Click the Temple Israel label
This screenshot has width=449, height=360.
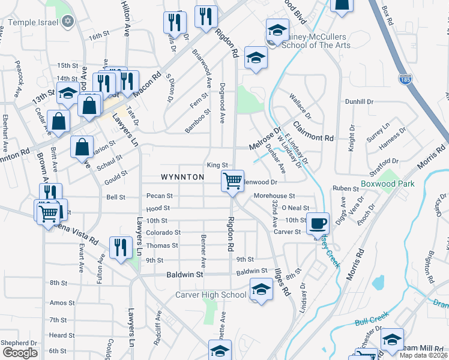[x=35, y=22]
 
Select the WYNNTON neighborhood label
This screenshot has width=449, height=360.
[x=182, y=177]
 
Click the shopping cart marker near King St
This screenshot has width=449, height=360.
[x=232, y=180]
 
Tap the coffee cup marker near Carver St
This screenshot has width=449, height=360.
[x=318, y=223]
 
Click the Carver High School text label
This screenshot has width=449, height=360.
[x=211, y=295]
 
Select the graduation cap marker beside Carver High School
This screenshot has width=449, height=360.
[x=261, y=290]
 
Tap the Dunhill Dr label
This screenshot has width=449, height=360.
[x=359, y=102]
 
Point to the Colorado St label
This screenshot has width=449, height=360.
[x=163, y=232]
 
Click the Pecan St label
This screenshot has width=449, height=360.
[x=160, y=196]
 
